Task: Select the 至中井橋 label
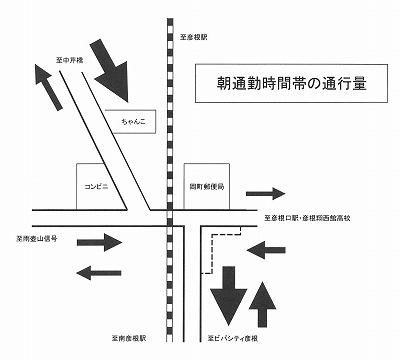[73, 61]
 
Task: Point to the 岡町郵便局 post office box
[208, 186]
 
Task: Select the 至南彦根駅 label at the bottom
[137, 339]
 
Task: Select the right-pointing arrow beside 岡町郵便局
[265, 192]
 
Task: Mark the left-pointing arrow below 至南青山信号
[99, 270]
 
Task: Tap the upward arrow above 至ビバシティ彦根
[264, 303]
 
